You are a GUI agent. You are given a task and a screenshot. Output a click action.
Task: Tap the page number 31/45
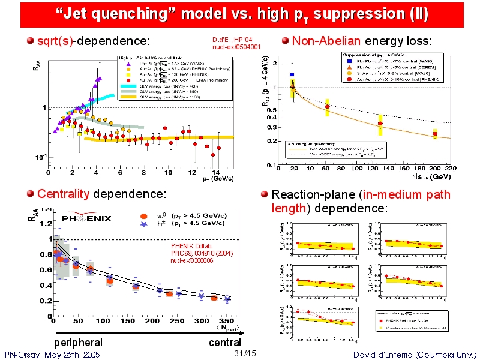(245, 353)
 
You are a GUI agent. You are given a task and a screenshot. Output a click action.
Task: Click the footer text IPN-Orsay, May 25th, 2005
(51, 355)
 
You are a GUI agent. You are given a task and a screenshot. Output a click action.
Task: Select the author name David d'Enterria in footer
(415, 355)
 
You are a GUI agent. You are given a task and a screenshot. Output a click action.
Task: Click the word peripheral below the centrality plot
(78, 343)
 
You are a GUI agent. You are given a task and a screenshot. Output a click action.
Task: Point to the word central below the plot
(225, 343)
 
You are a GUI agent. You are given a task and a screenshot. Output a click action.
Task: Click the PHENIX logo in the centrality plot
(91, 218)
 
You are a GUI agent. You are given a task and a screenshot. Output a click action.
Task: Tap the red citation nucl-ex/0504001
(236, 47)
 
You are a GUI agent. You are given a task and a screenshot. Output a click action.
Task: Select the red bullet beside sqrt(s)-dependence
(31, 41)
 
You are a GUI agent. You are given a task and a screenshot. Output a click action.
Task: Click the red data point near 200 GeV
(434, 133)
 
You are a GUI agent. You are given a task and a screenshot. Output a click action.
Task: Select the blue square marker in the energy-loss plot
(292, 75)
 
